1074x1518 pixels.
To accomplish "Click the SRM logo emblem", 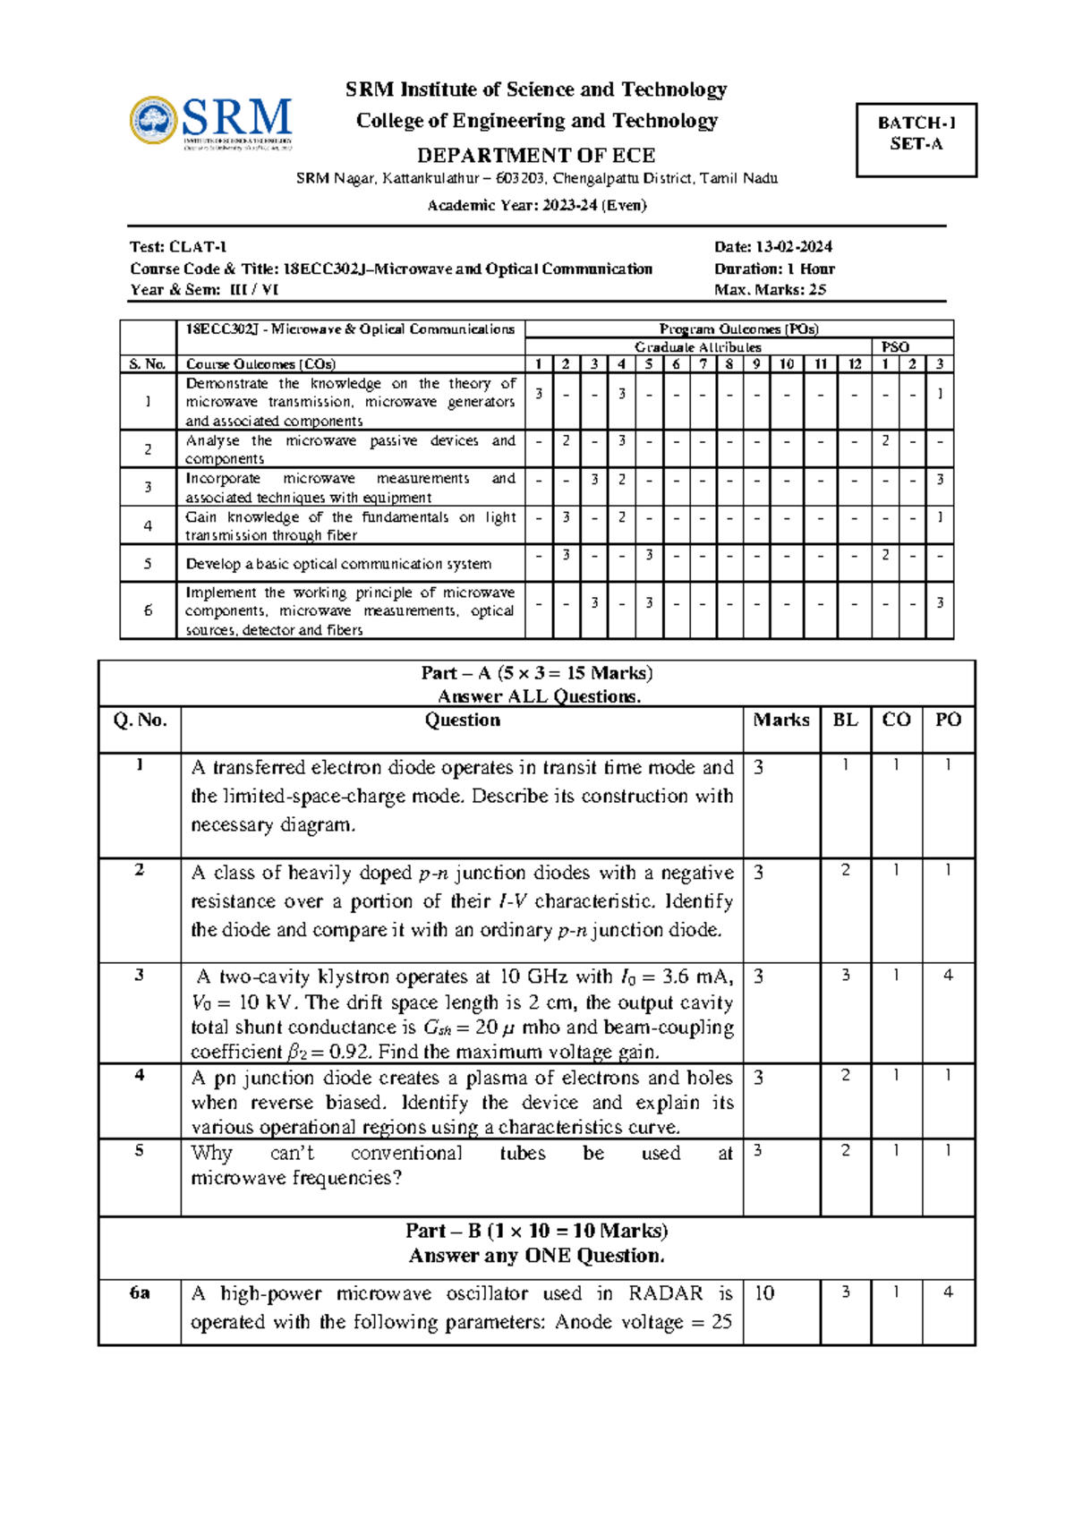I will (x=153, y=121).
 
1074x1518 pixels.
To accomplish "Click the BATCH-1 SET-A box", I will (x=916, y=140).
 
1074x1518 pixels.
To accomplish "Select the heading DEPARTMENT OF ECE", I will (x=536, y=155).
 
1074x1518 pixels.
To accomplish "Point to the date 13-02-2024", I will (x=794, y=247).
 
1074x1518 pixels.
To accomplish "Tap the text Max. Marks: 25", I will (x=770, y=290).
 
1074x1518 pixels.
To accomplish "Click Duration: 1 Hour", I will (x=774, y=269).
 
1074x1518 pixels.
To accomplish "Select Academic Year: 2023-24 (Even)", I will (x=536, y=205).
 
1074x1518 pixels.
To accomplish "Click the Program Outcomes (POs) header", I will (x=738, y=329).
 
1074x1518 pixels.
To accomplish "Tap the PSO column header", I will (x=895, y=347).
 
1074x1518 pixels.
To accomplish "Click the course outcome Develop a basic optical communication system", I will (x=338, y=564).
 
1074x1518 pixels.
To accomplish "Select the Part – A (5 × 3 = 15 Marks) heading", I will (x=536, y=673).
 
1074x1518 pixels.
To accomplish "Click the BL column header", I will (x=845, y=721).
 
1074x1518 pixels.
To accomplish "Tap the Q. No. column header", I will (x=140, y=721).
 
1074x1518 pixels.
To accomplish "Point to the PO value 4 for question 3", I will (x=948, y=976).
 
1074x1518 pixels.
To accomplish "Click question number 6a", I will (x=140, y=1293).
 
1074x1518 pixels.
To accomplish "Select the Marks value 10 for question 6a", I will (x=764, y=1293).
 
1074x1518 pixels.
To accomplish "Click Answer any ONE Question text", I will (x=536, y=1256).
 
